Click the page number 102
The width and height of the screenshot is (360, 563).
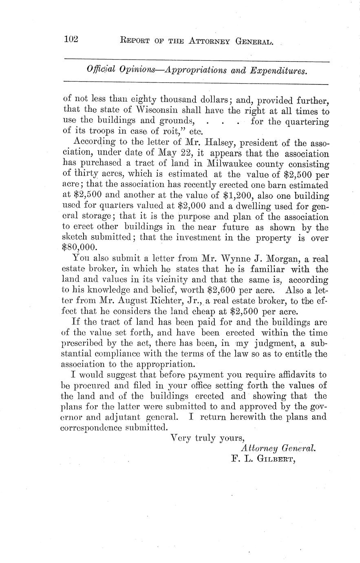coord(71,40)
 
